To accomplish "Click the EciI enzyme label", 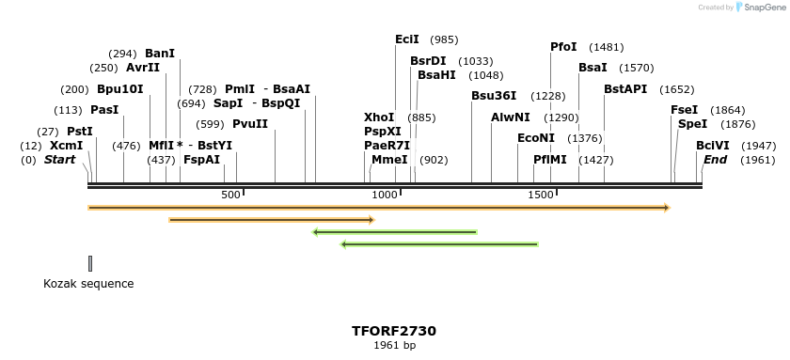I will point(407,39).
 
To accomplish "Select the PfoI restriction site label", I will point(563,47).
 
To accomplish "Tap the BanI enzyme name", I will point(160,54).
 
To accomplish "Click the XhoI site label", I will point(379,117).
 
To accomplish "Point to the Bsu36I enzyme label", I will point(494,96).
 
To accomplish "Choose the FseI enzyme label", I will point(684,110).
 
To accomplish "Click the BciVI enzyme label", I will point(712,146).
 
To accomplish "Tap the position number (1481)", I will point(606,47).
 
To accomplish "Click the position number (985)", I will point(444,39).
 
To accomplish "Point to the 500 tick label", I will point(230,195).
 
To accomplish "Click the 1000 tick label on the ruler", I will point(385,195).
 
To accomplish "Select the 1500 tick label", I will point(540,195).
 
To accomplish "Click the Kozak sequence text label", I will point(88,284).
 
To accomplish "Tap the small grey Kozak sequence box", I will point(90,263).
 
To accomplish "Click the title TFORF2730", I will point(394,331).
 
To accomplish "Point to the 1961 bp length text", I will point(394,346).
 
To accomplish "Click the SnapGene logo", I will point(759,8).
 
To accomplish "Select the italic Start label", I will point(59,160).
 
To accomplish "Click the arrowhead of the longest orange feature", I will point(665,207).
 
